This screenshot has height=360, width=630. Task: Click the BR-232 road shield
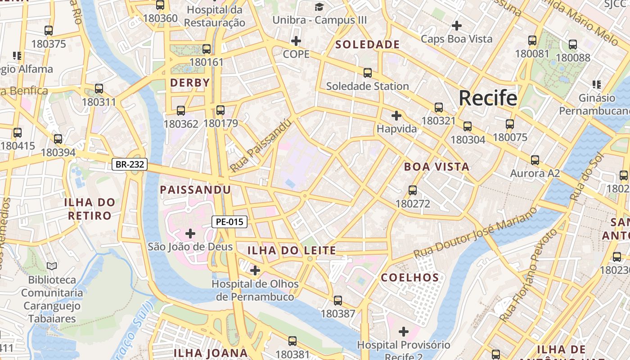[x=130, y=164]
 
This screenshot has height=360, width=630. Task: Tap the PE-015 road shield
[x=229, y=221]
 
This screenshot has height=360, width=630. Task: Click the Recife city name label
[x=488, y=98]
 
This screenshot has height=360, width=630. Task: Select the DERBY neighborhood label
[x=190, y=83]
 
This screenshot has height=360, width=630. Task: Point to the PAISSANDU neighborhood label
[x=196, y=190]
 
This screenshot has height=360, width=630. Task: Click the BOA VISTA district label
[x=436, y=167]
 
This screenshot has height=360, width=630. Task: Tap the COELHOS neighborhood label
[x=410, y=278]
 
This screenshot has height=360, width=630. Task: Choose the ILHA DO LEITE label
[x=292, y=251]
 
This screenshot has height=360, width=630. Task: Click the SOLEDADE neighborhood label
[x=368, y=45]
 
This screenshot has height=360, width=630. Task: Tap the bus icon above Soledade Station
[x=368, y=72]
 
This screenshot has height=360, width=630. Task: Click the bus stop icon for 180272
[x=413, y=190]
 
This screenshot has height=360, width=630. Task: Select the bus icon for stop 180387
[x=338, y=300]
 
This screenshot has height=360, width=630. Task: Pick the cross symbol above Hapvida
[x=396, y=116]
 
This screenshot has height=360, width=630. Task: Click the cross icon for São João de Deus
[x=190, y=233]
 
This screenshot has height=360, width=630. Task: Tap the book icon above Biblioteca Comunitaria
[x=52, y=266]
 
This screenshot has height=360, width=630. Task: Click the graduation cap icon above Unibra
[x=319, y=7]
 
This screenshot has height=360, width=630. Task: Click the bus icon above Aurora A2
[x=535, y=160]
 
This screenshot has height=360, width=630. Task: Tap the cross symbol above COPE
[x=296, y=41]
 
